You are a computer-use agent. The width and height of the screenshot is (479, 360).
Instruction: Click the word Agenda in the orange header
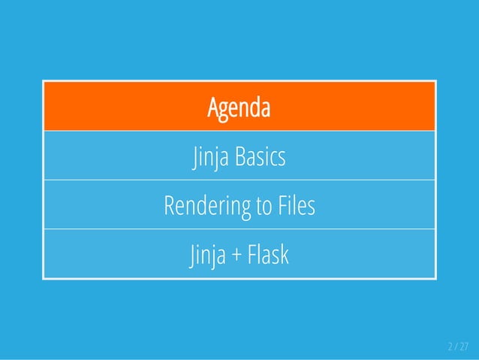(239, 108)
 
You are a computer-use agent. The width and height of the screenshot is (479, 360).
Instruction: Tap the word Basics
(261, 158)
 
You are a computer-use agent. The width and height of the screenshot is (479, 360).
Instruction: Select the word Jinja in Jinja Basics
(211, 159)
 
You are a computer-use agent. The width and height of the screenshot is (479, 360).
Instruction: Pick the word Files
(295, 206)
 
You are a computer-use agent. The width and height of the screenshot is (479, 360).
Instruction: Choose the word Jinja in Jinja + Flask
(208, 256)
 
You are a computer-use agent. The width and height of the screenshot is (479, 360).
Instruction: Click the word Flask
(267, 256)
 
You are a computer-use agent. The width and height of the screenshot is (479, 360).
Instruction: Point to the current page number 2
(450, 346)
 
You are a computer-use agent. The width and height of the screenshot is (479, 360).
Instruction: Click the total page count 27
(463, 346)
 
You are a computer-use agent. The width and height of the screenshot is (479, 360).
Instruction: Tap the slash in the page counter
(455, 346)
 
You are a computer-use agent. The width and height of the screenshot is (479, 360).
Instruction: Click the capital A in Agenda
(213, 108)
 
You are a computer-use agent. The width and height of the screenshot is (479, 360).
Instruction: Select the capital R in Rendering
(169, 206)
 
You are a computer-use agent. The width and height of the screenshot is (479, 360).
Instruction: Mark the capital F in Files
(280, 206)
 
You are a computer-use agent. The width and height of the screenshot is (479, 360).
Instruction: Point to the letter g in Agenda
(224, 110)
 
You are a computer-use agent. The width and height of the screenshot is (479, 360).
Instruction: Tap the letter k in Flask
(284, 256)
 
